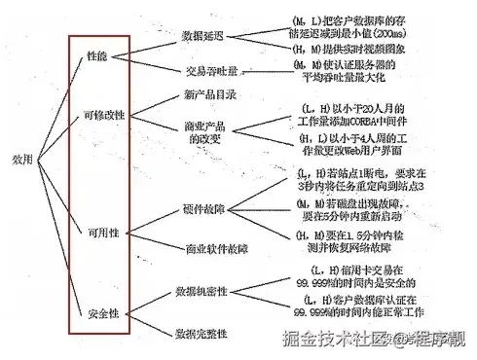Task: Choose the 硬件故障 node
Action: pyautogui.click(x=202, y=208)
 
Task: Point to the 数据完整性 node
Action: pyautogui.click(x=202, y=334)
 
